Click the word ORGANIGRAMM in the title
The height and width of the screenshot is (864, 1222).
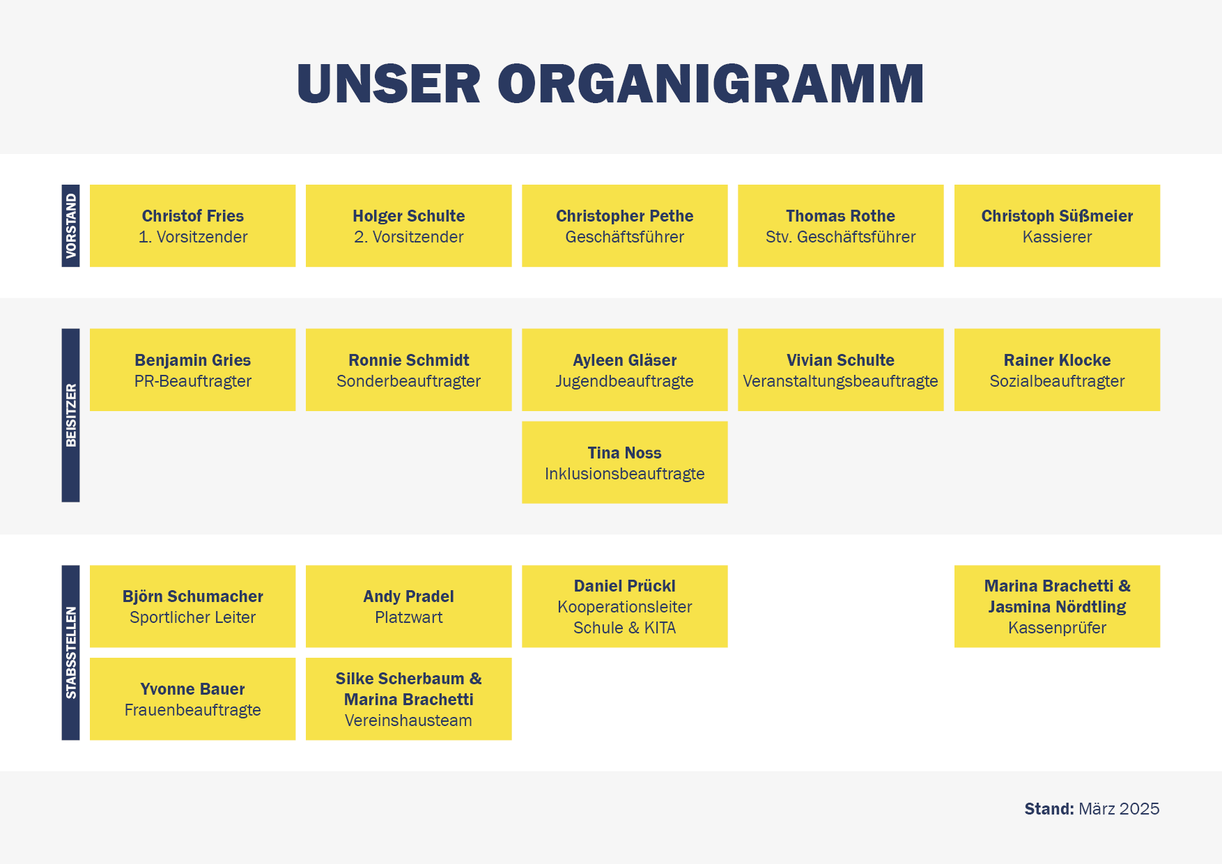pyautogui.click(x=711, y=84)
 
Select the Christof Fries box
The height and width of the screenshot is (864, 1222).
pyautogui.click(x=193, y=226)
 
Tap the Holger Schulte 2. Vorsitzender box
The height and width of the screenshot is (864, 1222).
pyautogui.click(x=409, y=226)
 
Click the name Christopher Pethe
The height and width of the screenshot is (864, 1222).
pyautogui.click(x=625, y=216)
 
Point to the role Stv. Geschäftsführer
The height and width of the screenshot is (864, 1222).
pyautogui.click(x=841, y=237)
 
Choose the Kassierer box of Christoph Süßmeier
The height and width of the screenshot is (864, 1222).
pyautogui.click(x=1057, y=226)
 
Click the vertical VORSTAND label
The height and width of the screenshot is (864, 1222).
pyautogui.click(x=71, y=226)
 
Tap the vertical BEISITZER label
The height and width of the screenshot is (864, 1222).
pyautogui.click(x=71, y=415)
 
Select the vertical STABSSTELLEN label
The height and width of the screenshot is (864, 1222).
pyautogui.click(x=71, y=652)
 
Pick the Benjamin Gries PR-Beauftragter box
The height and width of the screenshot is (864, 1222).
pyautogui.click(x=193, y=370)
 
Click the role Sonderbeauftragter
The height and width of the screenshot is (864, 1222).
pyautogui.click(x=409, y=381)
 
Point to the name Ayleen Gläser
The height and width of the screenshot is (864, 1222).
pyautogui.click(x=625, y=360)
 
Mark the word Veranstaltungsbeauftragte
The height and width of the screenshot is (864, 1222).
pyautogui.click(x=841, y=381)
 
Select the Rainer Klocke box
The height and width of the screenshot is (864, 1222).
pyautogui.click(x=1057, y=370)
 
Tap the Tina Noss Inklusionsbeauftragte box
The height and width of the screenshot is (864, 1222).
pyautogui.click(x=625, y=462)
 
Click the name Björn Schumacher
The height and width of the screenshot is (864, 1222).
pyautogui.click(x=193, y=596)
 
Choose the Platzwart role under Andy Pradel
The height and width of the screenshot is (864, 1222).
pyautogui.click(x=409, y=617)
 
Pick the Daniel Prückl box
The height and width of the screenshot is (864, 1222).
pyautogui.click(x=625, y=606)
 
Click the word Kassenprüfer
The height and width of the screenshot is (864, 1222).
pyautogui.click(x=1057, y=628)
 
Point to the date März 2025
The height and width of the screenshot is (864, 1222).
pyautogui.click(x=1119, y=809)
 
